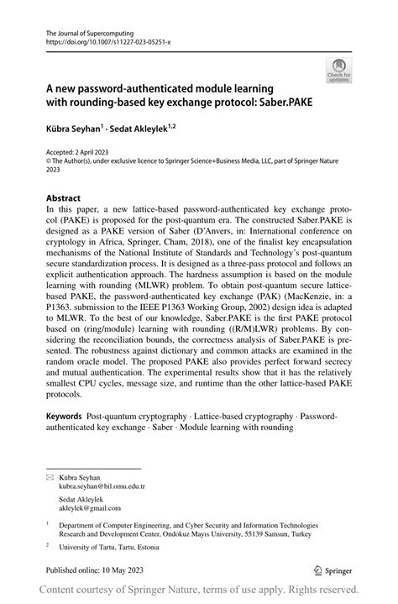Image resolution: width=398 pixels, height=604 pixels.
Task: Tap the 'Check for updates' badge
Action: [x=339, y=70]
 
